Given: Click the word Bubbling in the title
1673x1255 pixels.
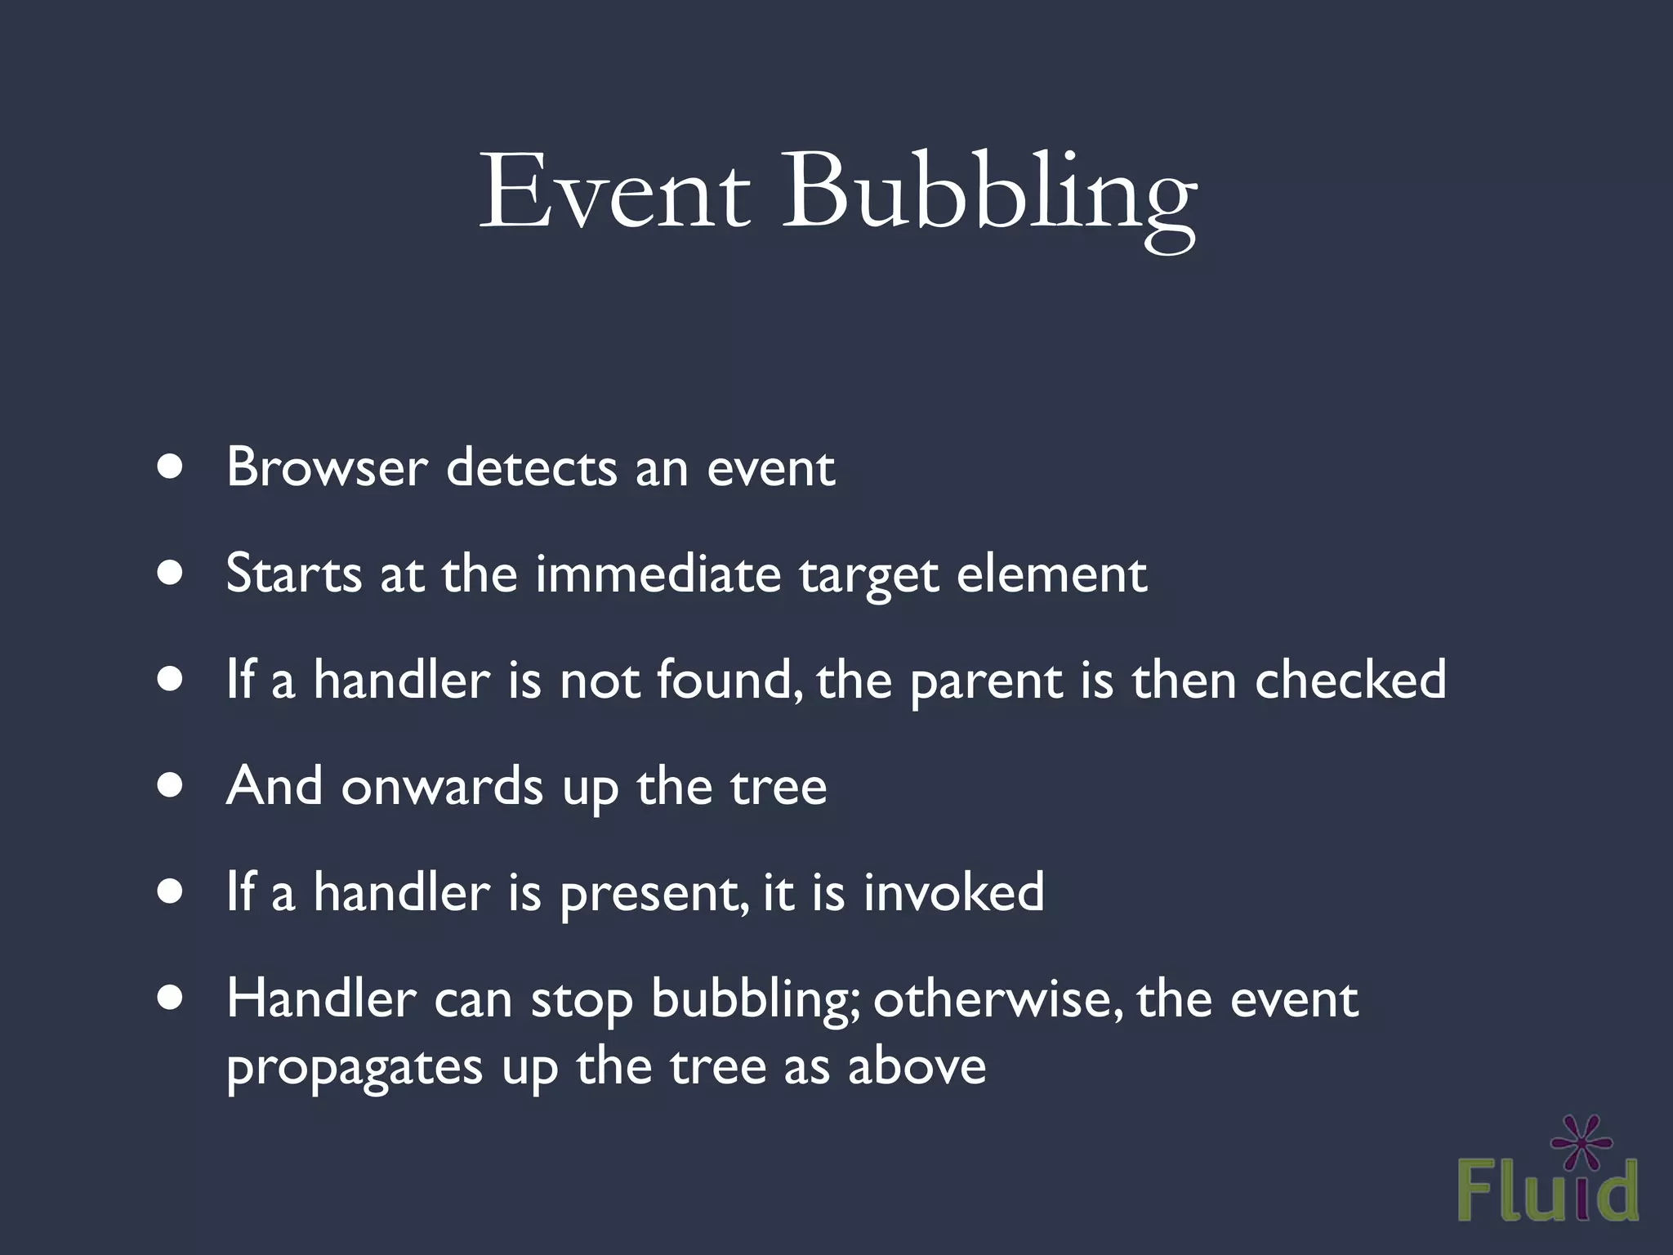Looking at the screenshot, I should click(x=988, y=196).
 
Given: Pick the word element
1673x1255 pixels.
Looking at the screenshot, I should click(x=1051, y=574).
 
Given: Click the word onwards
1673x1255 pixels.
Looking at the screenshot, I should click(x=442, y=786).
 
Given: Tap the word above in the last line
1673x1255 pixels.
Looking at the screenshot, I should click(x=917, y=1067).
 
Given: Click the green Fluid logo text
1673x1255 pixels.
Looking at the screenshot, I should click(x=1547, y=1193).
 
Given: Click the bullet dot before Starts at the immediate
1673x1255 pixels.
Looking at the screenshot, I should click(x=170, y=574).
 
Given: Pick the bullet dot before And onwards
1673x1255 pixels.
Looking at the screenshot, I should click(x=170, y=786).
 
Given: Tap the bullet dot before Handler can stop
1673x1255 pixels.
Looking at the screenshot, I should click(x=170, y=998).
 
